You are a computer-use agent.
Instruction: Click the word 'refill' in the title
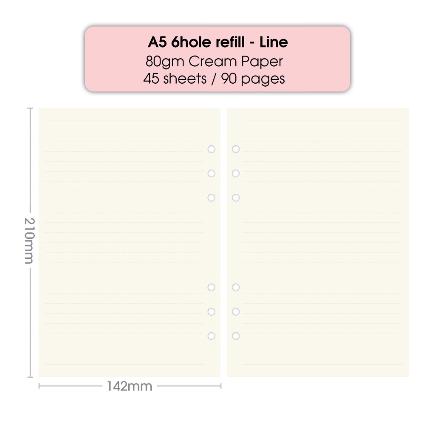pos(230,42)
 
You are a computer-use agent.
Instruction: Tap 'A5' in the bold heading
pos(157,42)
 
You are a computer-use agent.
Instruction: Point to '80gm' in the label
pos(165,62)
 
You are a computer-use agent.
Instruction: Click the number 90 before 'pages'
pos(229,79)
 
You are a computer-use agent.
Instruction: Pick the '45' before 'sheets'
pos(151,79)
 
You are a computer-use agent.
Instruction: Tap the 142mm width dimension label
pos(130,386)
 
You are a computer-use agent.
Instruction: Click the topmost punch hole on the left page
pos(212,149)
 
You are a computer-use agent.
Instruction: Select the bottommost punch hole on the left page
pos(212,336)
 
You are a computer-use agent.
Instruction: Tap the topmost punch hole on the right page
pos(236,149)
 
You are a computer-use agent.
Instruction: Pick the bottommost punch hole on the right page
pos(236,336)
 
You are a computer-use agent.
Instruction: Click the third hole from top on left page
pos(212,198)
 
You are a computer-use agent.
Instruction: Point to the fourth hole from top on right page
pos(236,287)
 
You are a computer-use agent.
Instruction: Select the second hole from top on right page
pos(236,173)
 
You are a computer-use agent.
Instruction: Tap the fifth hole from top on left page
pos(212,311)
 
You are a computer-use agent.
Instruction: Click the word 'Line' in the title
pos(274,42)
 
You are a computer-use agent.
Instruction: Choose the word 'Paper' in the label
pos(262,62)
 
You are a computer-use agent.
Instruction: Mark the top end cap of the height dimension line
pos(30,108)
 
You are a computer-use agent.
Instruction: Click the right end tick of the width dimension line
pos(221,386)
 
